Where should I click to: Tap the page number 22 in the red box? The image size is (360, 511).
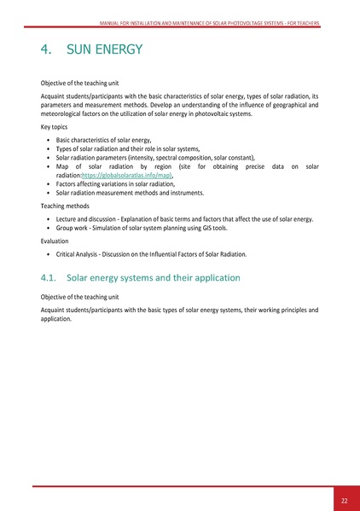coord(344,500)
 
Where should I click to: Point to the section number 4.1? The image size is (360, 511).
coord(53,278)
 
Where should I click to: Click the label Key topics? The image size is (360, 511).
coord(58,125)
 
